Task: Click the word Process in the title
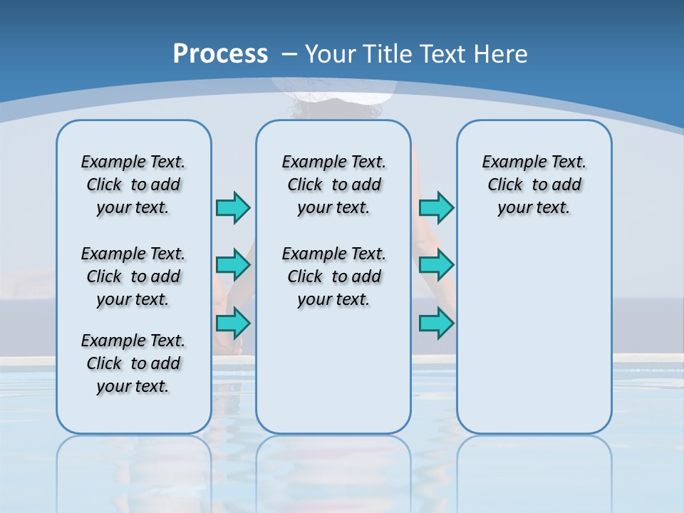click(220, 53)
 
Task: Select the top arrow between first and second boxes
click(233, 207)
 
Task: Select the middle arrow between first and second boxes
click(233, 265)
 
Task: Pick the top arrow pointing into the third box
click(436, 207)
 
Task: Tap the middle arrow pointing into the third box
click(436, 265)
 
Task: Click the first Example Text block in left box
click(133, 185)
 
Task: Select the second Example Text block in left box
click(133, 276)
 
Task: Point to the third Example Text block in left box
click(133, 363)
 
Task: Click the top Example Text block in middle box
click(333, 185)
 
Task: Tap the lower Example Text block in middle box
click(333, 276)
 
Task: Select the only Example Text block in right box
click(534, 185)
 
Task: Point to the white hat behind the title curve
click(335, 89)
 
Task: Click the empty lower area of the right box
click(534, 342)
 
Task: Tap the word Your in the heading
click(331, 54)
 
